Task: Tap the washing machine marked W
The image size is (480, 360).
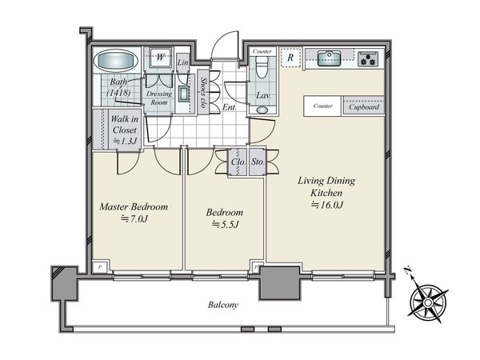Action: [160, 57]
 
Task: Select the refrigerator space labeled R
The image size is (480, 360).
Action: [290, 58]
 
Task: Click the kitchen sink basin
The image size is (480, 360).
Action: [329, 58]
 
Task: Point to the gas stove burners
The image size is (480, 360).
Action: [368, 58]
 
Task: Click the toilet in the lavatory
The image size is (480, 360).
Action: [262, 68]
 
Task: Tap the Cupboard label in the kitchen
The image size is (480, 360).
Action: [364, 107]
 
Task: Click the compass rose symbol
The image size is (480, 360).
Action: [427, 302]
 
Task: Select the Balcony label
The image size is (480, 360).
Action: [223, 305]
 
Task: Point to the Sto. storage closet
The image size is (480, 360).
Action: [258, 162]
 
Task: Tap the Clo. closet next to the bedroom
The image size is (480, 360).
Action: [238, 162]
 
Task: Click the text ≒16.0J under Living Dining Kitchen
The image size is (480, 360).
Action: [327, 205]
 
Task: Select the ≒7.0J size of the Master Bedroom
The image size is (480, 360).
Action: [134, 218]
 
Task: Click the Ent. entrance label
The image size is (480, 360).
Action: [230, 107]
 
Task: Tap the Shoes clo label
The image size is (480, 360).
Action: [202, 92]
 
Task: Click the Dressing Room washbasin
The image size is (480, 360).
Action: [184, 94]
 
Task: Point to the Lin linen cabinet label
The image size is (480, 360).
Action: [182, 62]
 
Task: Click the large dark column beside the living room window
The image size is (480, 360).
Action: [279, 283]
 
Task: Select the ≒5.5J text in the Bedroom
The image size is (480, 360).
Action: [226, 225]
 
